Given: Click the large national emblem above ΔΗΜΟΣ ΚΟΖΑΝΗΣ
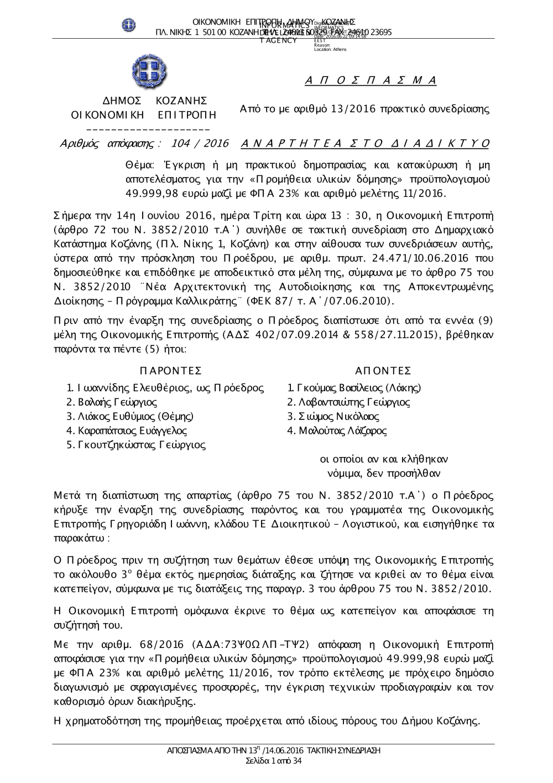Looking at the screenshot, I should click(x=149, y=72).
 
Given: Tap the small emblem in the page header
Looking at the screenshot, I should click(x=129, y=25).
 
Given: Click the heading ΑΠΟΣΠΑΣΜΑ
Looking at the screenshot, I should click(x=371, y=81).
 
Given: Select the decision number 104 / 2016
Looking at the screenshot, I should click(x=200, y=144).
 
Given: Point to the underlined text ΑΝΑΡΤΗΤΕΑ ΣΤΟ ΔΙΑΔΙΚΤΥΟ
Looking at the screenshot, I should click(x=366, y=144).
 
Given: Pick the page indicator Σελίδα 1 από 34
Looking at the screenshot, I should click(x=274, y=761).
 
